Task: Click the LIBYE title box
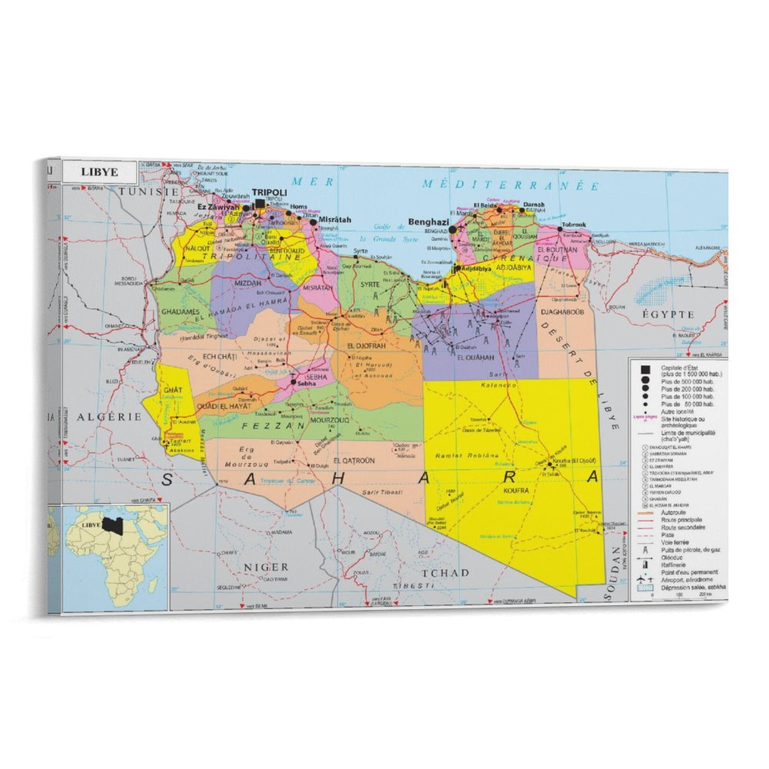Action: tap(99, 172)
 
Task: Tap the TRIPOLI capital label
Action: tap(270, 193)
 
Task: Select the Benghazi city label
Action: tap(428, 222)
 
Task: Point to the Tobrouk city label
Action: tap(573, 224)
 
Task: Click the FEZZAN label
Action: tap(273, 426)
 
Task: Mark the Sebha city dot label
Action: tap(306, 384)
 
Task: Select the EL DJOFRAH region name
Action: tap(366, 346)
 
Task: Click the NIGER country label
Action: tap(266, 567)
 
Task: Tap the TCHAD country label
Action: tap(445, 573)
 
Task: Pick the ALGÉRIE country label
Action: tap(110, 417)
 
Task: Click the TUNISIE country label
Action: tap(149, 191)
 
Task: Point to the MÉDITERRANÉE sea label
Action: tap(510, 185)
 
